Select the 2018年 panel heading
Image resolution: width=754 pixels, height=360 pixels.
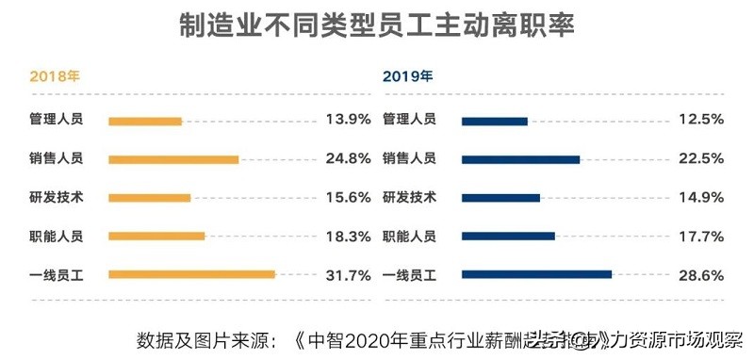[55, 76]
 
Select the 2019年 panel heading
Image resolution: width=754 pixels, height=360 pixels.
[408, 76]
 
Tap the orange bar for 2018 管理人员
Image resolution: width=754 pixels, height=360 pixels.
[144, 121]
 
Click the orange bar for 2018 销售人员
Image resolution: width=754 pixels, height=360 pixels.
[173, 159]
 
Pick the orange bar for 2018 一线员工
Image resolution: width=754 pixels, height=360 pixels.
[191, 275]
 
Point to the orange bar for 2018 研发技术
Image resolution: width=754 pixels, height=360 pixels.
[149, 198]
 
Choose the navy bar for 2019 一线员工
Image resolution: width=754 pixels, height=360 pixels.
[536, 275]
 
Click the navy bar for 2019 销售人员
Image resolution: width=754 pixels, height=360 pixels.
[520, 159]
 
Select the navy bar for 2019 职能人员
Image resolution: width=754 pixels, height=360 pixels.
[508, 237]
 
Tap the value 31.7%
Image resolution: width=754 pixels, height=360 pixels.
[347, 275]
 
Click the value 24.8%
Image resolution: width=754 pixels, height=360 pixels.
[347, 158]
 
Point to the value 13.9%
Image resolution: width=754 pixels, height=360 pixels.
[347, 120]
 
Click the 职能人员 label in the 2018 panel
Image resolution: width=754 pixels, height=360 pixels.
[56, 237]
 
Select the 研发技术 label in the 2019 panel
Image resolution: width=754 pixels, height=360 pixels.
[409, 197]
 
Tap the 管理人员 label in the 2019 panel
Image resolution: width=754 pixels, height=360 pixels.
[409, 120]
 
